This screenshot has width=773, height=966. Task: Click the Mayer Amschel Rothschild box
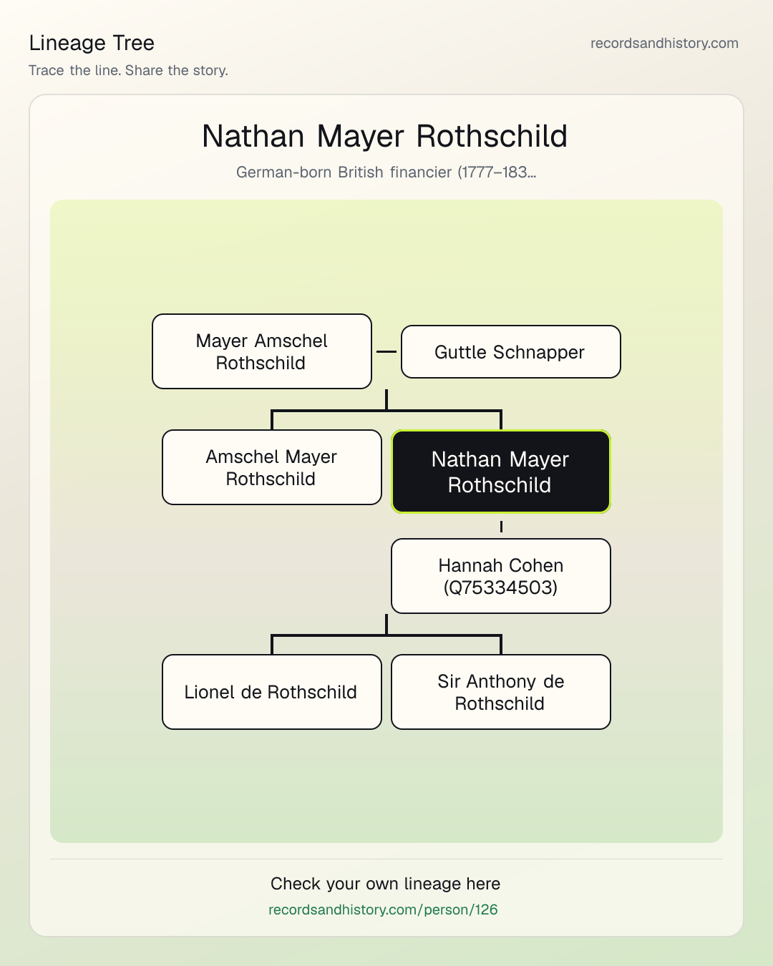(x=262, y=351)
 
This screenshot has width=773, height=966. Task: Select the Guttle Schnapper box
(x=511, y=352)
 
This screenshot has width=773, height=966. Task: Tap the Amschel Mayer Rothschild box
(x=272, y=467)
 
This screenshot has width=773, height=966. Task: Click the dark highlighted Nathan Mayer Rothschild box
(x=501, y=472)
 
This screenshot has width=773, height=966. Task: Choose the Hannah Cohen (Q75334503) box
(x=501, y=576)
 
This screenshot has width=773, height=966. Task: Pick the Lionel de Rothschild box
(x=272, y=692)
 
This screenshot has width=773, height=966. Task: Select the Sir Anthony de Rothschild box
(x=501, y=692)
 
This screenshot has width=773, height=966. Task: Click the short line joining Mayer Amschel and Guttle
(x=386, y=351)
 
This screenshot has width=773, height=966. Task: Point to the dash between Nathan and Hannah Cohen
(x=501, y=526)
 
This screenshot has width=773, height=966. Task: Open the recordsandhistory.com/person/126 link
(x=383, y=909)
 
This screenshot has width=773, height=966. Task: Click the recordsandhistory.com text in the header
(x=664, y=43)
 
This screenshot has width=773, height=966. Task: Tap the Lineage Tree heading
(x=92, y=43)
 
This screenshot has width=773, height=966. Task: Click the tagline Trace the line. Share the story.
(x=128, y=70)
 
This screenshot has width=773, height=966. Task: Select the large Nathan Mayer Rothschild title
(x=385, y=136)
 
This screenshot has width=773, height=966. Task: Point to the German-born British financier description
(x=386, y=172)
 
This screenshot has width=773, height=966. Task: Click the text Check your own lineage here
(x=385, y=884)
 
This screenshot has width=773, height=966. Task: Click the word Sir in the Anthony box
(x=449, y=681)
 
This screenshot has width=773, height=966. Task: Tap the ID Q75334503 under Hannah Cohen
(x=500, y=587)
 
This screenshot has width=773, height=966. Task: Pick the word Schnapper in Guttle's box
(x=539, y=352)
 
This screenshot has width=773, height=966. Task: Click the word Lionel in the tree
(x=210, y=692)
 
